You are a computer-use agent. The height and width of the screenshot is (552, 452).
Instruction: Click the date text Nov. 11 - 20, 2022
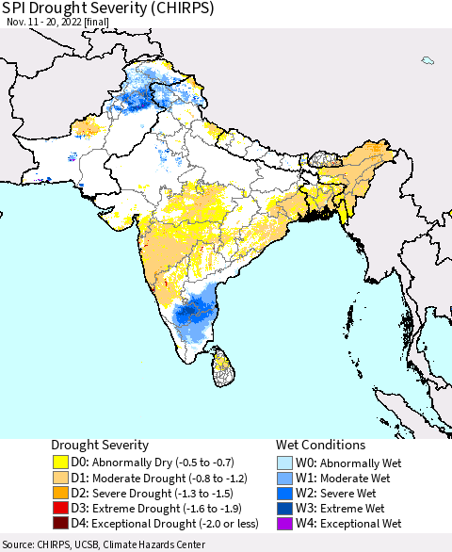(56, 26)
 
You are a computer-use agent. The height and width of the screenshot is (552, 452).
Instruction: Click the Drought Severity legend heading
(99, 445)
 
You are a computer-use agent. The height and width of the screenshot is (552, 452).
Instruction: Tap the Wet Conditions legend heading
(320, 445)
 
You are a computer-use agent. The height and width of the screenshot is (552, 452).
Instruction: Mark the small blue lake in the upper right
(428, 61)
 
